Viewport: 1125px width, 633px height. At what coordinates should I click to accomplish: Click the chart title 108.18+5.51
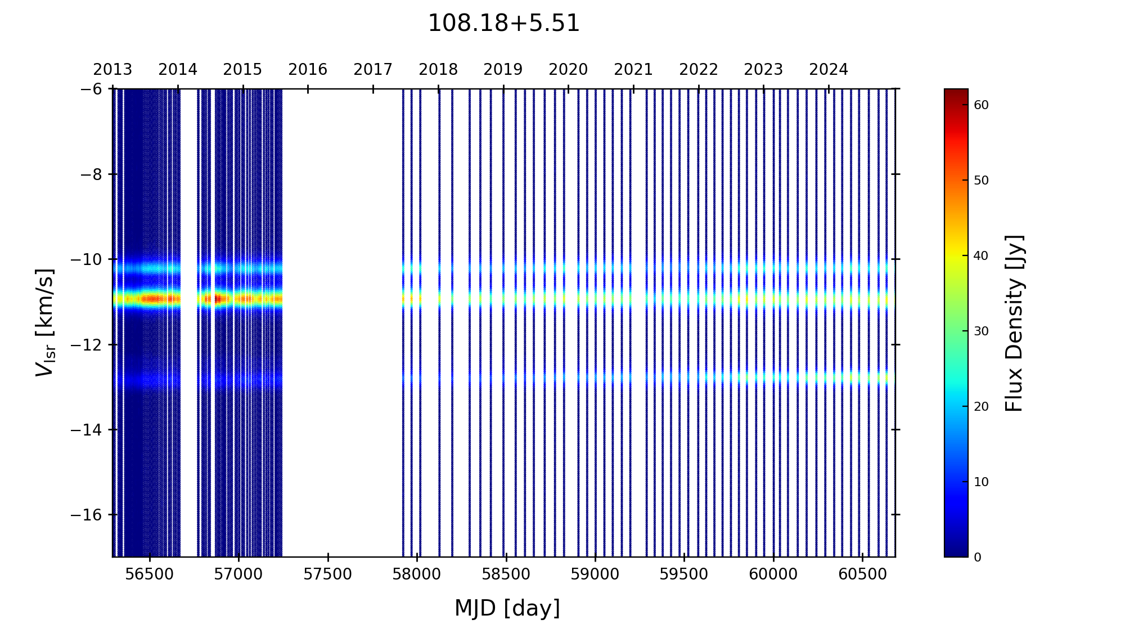(x=503, y=24)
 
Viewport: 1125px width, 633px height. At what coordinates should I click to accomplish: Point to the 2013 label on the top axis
(x=112, y=70)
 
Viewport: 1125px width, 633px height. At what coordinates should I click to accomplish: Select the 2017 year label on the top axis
(x=373, y=70)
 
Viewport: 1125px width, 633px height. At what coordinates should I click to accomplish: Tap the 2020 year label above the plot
(x=568, y=70)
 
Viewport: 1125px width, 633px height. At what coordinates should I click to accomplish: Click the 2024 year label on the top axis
(x=829, y=70)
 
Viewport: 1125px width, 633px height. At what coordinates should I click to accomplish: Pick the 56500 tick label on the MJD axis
(x=149, y=574)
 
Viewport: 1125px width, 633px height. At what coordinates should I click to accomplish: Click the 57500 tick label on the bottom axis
(x=328, y=574)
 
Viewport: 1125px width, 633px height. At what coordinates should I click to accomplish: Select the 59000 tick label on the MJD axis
(x=595, y=574)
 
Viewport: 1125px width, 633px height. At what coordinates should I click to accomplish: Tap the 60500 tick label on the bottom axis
(x=862, y=574)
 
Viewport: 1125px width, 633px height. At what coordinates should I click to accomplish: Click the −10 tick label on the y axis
(x=86, y=259)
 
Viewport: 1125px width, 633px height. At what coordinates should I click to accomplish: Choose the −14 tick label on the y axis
(x=86, y=430)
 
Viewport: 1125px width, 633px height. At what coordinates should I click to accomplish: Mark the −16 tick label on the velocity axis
(x=86, y=515)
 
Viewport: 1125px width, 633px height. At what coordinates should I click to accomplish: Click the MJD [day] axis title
(x=507, y=608)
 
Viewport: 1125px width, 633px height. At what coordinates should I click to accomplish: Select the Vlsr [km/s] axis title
(x=45, y=322)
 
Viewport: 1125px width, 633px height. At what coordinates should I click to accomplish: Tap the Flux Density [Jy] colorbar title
(x=1014, y=323)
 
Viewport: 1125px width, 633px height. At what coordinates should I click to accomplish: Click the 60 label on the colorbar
(x=981, y=105)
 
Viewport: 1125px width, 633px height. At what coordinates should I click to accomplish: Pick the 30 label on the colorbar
(x=981, y=331)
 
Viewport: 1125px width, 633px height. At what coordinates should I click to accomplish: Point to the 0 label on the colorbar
(x=978, y=558)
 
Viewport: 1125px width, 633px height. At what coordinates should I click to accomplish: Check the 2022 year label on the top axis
(x=699, y=70)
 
